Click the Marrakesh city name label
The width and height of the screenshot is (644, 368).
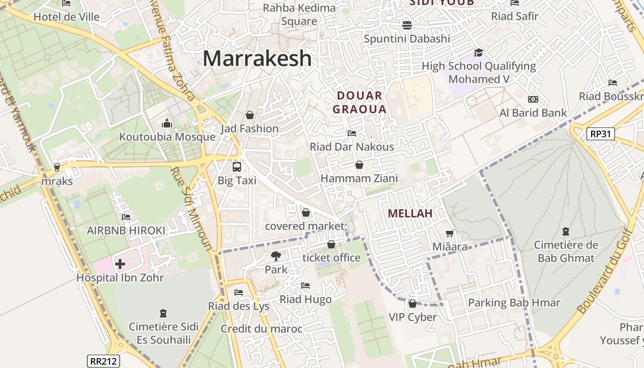pyautogui.click(x=257, y=58)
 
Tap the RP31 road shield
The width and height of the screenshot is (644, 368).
pyautogui.click(x=601, y=134)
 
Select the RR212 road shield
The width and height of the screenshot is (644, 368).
pyautogui.click(x=103, y=361)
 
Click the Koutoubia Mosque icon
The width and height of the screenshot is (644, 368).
pyautogui.click(x=167, y=123)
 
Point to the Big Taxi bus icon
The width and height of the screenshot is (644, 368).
pyautogui.click(x=237, y=167)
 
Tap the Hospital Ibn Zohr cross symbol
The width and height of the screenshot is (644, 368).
pyautogui.click(x=120, y=264)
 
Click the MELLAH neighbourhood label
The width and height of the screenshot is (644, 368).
pyautogui.click(x=410, y=213)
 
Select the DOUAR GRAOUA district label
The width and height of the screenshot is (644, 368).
pyautogui.click(x=359, y=103)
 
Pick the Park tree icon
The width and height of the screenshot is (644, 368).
pyautogui.click(x=276, y=256)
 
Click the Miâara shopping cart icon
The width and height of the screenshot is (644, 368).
pyautogui.click(x=449, y=234)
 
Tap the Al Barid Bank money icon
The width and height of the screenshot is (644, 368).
pyautogui.click(x=533, y=99)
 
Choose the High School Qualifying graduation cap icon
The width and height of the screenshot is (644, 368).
pyautogui.click(x=478, y=52)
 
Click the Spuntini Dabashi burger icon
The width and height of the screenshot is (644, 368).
pyautogui.click(x=407, y=25)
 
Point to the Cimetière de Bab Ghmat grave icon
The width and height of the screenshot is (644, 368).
pyautogui.click(x=566, y=231)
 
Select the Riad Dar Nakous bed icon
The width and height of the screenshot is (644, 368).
pyautogui.click(x=352, y=133)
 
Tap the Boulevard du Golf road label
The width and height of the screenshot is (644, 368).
pyautogui.click(x=604, y=272)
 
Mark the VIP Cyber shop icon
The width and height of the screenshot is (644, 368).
pyautogui.click(x=413, y=304)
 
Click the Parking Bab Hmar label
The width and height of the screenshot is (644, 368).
pyautogui.click(x=514, y=303)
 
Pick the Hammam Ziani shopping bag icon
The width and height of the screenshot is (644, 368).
pyautogui.click(x=359, y=165)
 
